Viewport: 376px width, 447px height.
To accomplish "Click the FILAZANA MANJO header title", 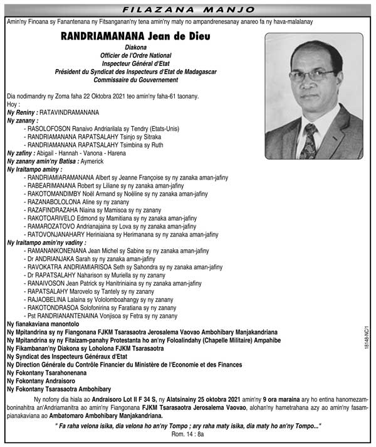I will point(187,9).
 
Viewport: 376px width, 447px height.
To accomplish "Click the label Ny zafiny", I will point(20,153).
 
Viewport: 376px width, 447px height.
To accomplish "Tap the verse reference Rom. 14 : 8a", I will point(187,436).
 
